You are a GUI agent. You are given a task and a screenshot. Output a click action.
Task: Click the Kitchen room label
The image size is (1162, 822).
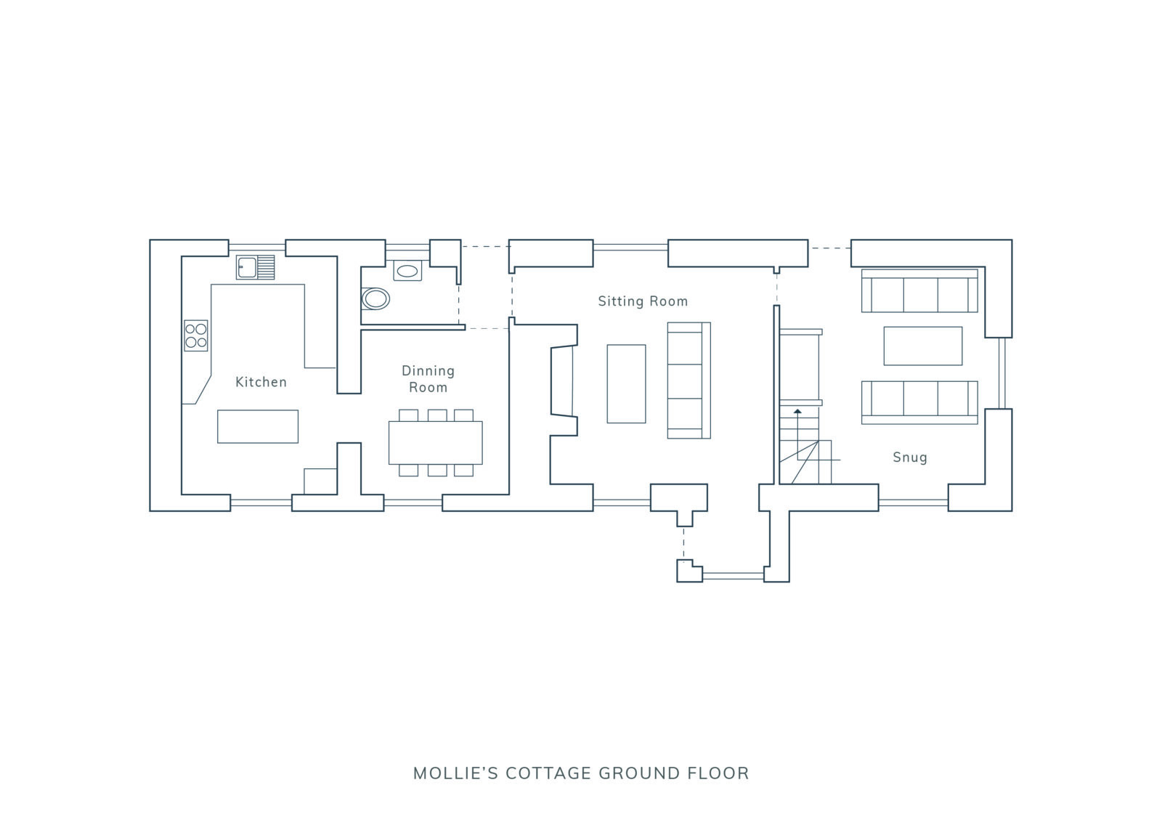261,382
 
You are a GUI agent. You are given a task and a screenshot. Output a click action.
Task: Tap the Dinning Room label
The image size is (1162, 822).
428,379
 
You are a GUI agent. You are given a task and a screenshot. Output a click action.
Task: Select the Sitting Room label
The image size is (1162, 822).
643,301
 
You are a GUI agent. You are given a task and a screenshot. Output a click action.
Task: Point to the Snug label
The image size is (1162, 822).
910,457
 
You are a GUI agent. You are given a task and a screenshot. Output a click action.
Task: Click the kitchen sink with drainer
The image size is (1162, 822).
256,267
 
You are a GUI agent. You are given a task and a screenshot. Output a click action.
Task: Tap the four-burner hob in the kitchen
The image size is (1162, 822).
196,335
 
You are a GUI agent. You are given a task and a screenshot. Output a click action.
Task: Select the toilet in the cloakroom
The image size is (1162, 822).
375,298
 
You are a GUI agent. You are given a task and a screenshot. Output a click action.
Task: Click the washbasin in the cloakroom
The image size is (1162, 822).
407,271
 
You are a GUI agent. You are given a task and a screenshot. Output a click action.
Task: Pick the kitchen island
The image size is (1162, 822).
258,426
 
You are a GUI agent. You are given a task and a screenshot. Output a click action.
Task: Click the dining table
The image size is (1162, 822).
435,442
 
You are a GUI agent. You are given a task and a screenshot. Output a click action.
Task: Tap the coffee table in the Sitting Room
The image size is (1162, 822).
626,383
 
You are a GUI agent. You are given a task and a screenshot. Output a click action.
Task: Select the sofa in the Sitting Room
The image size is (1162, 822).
688,381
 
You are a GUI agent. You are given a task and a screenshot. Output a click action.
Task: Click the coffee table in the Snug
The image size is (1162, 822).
922,346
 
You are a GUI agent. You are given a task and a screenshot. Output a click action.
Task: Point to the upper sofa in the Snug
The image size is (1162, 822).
919,290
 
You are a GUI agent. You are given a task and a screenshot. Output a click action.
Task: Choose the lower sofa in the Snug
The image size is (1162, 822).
919,402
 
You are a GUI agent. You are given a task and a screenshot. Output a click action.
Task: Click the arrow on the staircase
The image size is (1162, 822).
797,412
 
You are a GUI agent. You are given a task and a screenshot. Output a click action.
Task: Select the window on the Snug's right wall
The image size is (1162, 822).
1002,373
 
